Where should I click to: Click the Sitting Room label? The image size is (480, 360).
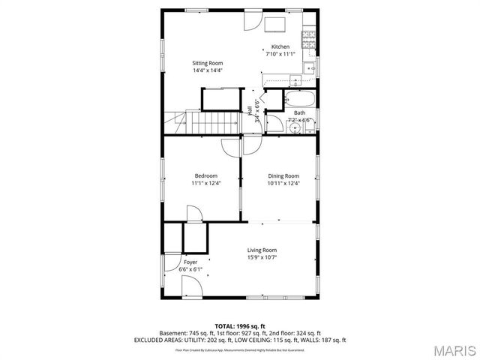208,63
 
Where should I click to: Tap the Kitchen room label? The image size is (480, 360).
280,46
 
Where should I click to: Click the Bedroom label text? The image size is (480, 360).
205,175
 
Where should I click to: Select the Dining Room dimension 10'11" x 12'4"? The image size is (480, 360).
283,183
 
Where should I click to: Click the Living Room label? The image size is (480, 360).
262,250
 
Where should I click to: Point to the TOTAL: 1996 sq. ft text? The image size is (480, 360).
240,326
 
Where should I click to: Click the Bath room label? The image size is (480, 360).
299,113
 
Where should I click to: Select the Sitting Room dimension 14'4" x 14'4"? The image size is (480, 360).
208,70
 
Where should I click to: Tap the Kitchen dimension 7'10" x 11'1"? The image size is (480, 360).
280,54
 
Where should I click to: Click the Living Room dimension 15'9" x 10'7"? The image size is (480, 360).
262,257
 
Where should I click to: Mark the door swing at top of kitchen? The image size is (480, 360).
252,21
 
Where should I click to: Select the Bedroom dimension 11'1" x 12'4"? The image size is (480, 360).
205,183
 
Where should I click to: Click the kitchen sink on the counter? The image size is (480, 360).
307,67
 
